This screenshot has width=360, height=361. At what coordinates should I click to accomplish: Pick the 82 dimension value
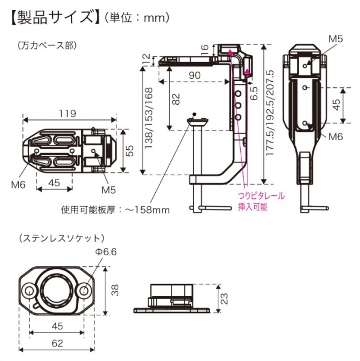point(176,100)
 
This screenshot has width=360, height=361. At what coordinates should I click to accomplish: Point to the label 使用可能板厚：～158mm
point(115,210)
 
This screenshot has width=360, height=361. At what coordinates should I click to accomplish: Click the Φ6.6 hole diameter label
point(105,252)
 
